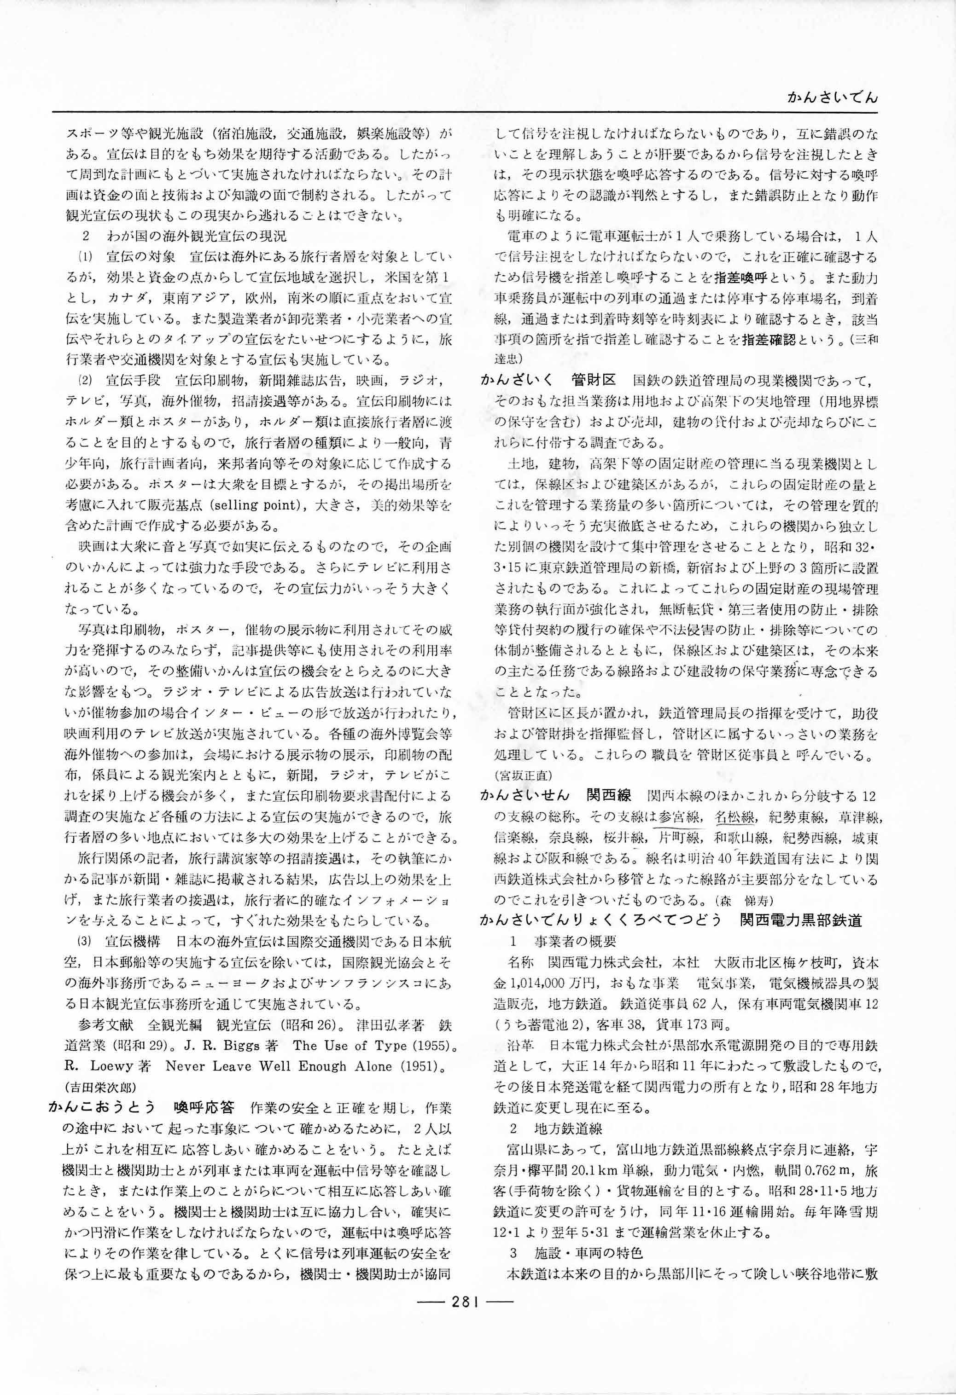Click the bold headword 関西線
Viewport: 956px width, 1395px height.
point(608,795)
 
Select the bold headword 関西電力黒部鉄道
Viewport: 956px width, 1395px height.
point(801,920)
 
